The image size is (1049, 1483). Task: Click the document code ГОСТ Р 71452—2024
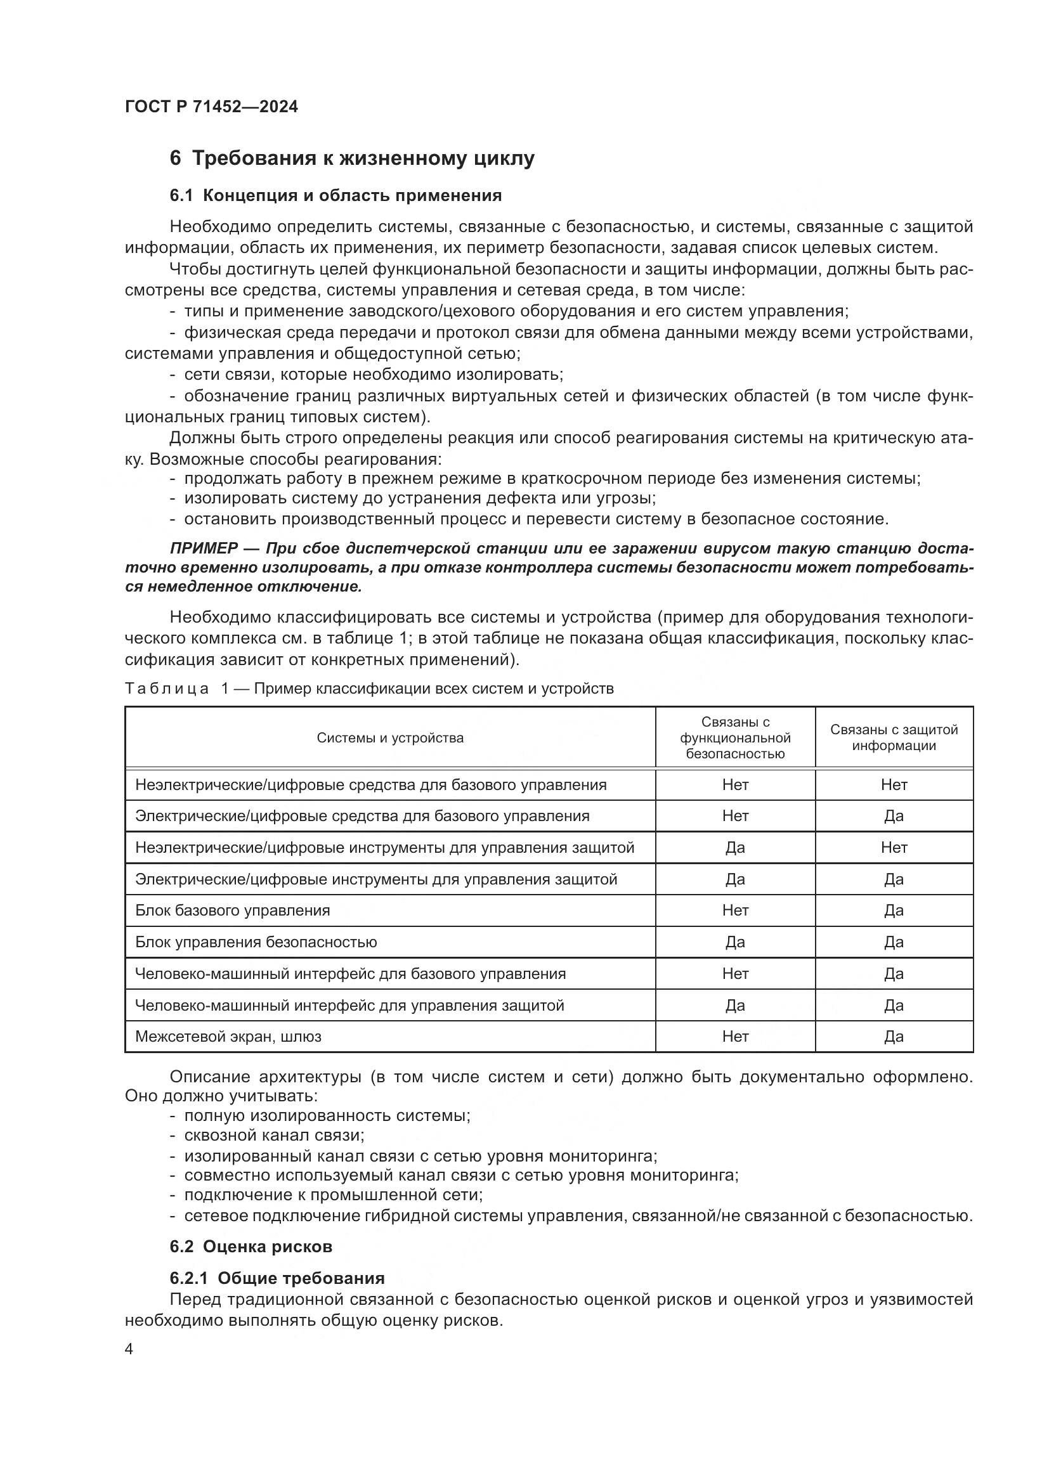click(211, 107)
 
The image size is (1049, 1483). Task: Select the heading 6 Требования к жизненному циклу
click(352, 159)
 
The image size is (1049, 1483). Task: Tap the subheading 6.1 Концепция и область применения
click(336, 195)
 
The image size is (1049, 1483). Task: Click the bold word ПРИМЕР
click(204, 548)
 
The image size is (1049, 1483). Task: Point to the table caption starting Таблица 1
click(369, 689)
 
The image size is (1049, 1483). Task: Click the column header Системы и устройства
click(389, 737)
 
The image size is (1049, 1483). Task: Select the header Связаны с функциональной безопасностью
click(735, 737)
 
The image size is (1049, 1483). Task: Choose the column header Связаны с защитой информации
click(894, 737)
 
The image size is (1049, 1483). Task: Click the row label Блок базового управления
click(233, 910)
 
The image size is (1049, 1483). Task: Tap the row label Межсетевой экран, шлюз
click(228, 1037)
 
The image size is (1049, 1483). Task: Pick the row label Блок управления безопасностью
click(256, 942)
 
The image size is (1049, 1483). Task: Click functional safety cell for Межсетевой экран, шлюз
click(735, 1037)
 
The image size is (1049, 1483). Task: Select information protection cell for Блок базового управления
click(894, 910)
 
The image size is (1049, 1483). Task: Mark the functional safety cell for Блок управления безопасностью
click(735, 942)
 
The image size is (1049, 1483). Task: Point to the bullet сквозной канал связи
click(275, 1135)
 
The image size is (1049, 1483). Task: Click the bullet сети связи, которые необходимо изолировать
click(374, 375)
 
